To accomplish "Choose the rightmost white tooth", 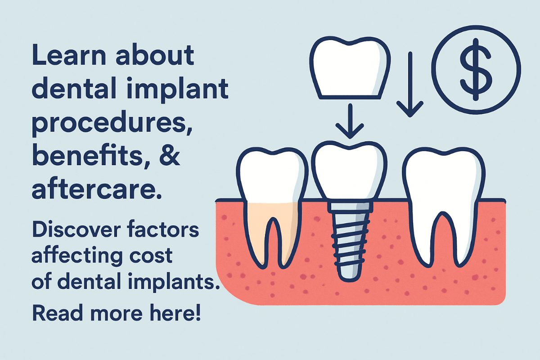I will (x=443, y=198).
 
